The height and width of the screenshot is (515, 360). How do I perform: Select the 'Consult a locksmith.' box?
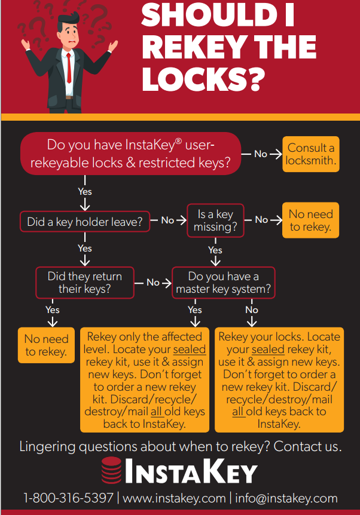311,154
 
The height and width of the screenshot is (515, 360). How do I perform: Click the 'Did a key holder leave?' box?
84,222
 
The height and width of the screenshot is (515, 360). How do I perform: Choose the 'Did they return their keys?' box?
85,282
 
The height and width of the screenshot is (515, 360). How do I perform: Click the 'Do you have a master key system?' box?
223,283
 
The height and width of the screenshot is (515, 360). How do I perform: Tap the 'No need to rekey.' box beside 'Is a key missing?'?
310,220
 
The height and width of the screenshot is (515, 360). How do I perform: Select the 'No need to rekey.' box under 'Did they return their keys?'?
46,345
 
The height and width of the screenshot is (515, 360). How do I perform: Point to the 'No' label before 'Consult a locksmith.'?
261,154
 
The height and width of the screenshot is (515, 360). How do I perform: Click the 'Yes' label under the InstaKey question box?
85,192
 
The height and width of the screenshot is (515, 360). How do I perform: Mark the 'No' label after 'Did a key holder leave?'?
167,220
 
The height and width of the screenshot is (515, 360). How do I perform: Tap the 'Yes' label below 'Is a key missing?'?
215,250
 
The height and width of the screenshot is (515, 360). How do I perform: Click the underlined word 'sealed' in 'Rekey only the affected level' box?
189,350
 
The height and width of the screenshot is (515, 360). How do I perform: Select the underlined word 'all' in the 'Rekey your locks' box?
238,412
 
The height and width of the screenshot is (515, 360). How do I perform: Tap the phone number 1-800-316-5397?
68,498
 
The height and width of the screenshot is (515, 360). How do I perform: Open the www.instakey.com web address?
174,498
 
